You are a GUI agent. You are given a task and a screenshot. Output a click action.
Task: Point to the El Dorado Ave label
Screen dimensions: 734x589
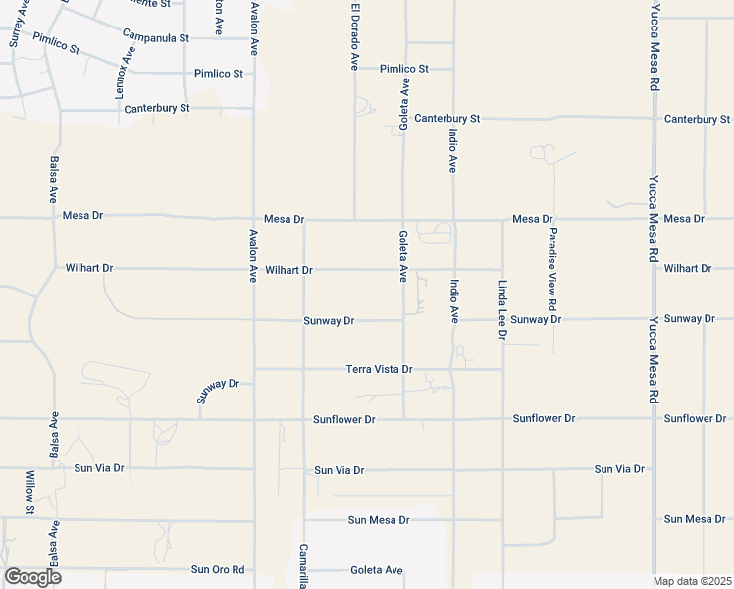tap(354, 35)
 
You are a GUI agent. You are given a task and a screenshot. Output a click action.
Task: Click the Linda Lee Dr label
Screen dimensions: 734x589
tap(502, 309)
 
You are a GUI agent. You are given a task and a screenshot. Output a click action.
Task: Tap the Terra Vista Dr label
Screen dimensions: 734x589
tap(380, 369)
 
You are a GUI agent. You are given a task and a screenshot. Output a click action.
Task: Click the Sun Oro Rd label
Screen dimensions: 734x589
tap(218, 569)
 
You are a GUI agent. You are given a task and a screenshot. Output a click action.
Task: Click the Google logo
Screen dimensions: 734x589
tap(33, 577)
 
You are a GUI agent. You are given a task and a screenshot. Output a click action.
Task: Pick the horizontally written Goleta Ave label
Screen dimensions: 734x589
tap(377, 570)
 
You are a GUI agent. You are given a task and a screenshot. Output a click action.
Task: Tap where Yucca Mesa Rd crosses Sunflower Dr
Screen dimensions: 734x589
tap(654, 419)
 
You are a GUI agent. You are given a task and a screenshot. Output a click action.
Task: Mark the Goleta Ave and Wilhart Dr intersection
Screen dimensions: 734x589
tap(402, 269)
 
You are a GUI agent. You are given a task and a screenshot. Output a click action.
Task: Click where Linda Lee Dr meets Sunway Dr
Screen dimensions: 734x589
tap(502, 319)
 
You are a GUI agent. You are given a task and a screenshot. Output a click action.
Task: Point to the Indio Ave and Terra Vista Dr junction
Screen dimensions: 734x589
tap(452, 369)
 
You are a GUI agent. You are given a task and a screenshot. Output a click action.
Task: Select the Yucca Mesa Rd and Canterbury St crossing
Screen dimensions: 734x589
tap(654, 119)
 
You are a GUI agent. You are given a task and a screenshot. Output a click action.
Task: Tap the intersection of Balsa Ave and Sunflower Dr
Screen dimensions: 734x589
tap(54, 419)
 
